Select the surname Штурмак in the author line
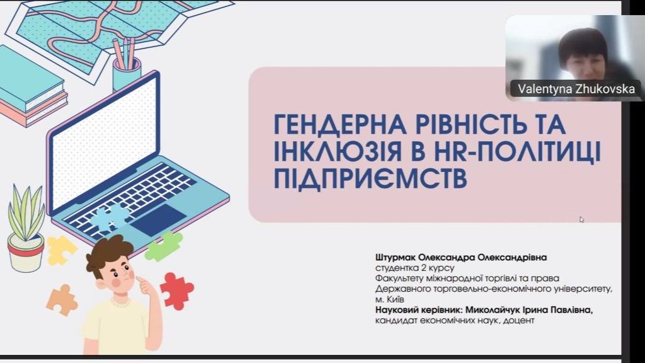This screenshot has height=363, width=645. point(396,258)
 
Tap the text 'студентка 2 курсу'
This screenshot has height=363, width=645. point(414,268)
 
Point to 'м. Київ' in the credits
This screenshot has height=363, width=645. point(389,299)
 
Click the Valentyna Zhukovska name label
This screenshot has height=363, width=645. point(576,89)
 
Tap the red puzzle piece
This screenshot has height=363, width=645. point(177,291)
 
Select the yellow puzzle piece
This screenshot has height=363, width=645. point(60,250)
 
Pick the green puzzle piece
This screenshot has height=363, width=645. point(164,246)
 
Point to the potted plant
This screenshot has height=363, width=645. point(26,228)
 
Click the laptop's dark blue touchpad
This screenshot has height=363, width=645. point(158,220)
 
